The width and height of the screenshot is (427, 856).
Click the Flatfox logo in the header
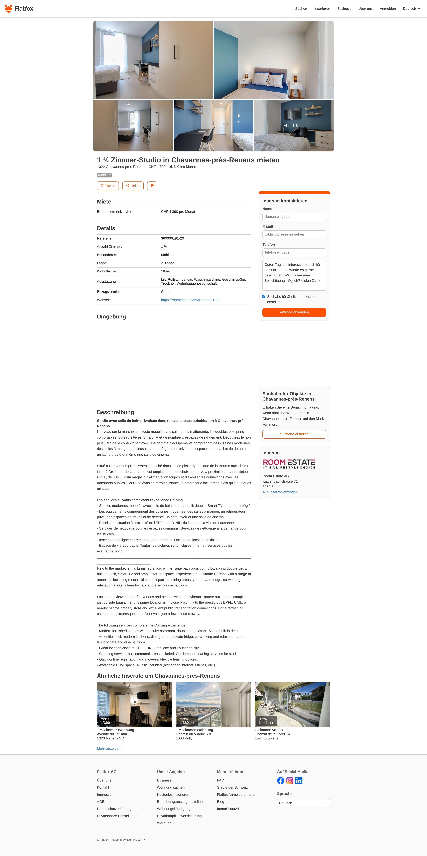tap(19, 9)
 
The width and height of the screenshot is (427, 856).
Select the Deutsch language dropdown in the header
tap(411, 9)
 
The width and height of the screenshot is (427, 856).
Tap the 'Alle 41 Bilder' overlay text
tap(294, 126)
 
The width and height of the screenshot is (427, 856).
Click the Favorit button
tap(108, 186)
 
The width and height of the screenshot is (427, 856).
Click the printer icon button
tap(152, 186)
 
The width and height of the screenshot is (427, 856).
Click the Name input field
tap(294, 217)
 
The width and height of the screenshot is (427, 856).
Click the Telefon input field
tap(294, 253)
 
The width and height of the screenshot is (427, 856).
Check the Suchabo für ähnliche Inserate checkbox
tap(264, 296)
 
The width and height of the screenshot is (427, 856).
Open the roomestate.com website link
tap(190, 300)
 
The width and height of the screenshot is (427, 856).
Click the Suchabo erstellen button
tap(294, 434)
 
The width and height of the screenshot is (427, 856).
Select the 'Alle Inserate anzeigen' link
tap(280, 492)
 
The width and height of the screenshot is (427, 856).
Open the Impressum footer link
tap(106, 795)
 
